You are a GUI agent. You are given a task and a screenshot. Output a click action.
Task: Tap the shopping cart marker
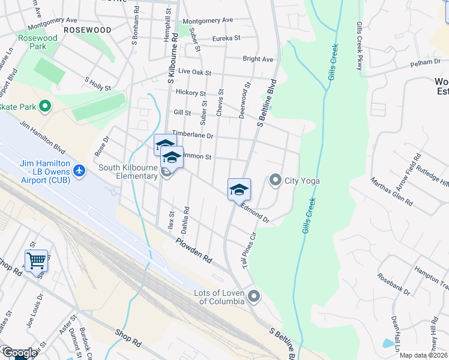[x=37, y=260]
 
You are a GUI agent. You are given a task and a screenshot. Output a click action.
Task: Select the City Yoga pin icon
[x=276, y=179]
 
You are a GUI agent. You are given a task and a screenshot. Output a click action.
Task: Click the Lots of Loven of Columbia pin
[x=255, y=296]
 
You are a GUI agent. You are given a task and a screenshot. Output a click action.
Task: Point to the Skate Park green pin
[x=44, y=107]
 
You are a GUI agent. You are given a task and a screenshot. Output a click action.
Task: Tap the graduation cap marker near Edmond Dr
[x=239, y=189]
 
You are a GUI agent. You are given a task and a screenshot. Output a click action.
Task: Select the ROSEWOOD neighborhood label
[x=87, y=29]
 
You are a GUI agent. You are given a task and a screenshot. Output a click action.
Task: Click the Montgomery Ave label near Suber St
[x=208, y=20]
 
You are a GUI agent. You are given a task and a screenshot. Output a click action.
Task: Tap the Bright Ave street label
[x=258, y=59]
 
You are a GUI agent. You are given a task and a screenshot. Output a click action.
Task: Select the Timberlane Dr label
[x=193, y=135]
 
